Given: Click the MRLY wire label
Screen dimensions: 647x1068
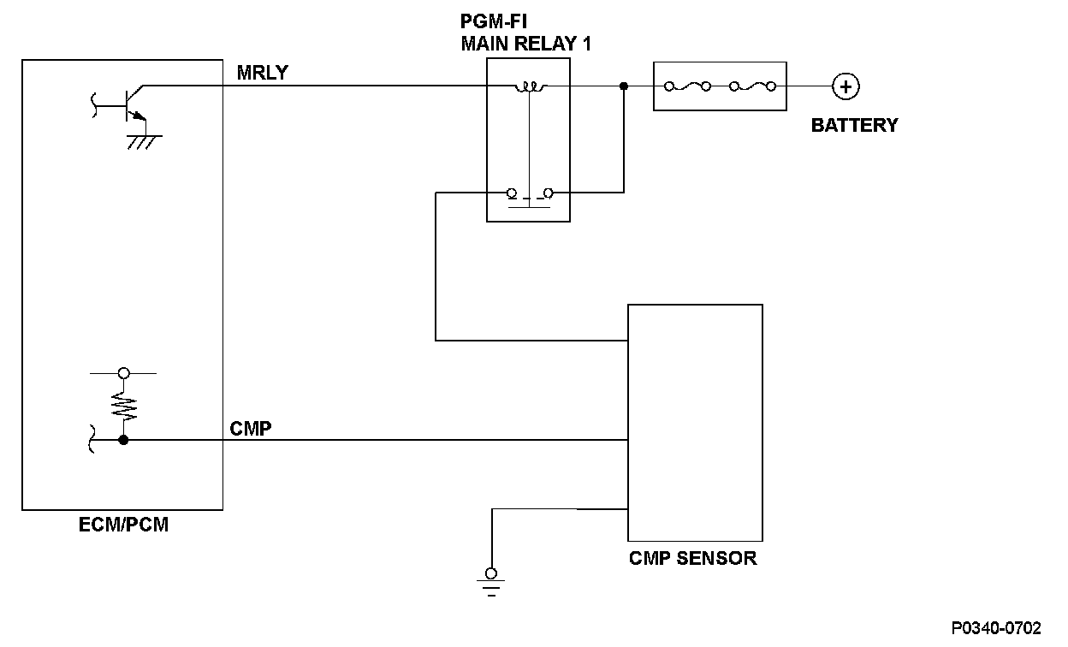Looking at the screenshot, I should coord(262,74).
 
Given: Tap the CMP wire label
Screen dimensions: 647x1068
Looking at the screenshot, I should coord(251,428).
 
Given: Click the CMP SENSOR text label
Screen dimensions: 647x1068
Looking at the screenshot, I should coord(692,559).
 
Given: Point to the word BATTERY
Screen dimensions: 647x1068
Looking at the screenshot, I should coord(854,125).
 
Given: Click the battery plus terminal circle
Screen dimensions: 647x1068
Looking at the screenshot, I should coord(845,86).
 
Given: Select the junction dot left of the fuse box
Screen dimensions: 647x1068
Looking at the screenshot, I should coord(624,86).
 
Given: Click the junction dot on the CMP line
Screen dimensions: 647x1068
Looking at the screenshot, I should coord(123,440).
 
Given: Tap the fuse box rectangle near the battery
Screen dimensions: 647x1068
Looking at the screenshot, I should coord(719,86).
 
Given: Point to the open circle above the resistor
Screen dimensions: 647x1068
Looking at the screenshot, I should coord(123,373).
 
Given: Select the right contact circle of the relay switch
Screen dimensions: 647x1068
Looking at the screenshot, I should coord(548,193).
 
